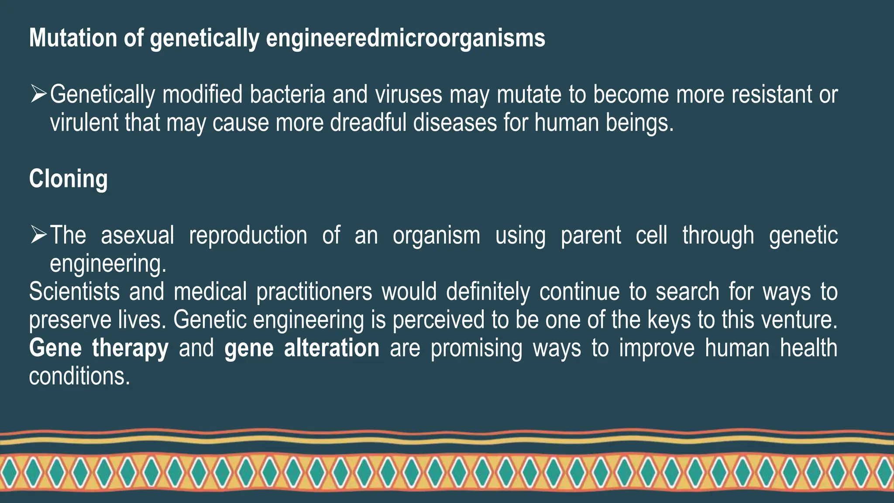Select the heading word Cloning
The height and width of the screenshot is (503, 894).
click(x=68, y=179)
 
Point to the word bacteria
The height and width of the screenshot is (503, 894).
click(x=288, y=94)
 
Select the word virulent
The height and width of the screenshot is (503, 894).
click(x=84, y=122)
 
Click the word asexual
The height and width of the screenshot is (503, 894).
click(x=138, y=235)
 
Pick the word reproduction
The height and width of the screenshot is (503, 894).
click(x=248, y=235)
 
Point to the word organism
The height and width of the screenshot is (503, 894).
click(x=436, y=236)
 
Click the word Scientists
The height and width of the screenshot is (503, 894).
click(x=74, y=291)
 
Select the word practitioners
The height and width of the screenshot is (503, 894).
click(x=314, y=292)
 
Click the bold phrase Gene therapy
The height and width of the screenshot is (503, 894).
click(x=99, y=348)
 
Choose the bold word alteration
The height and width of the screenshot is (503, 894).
click(x=331, y=348)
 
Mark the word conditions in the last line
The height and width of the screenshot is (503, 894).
click(x=79, y=376)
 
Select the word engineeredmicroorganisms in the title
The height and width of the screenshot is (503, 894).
click(x=406, y=38)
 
